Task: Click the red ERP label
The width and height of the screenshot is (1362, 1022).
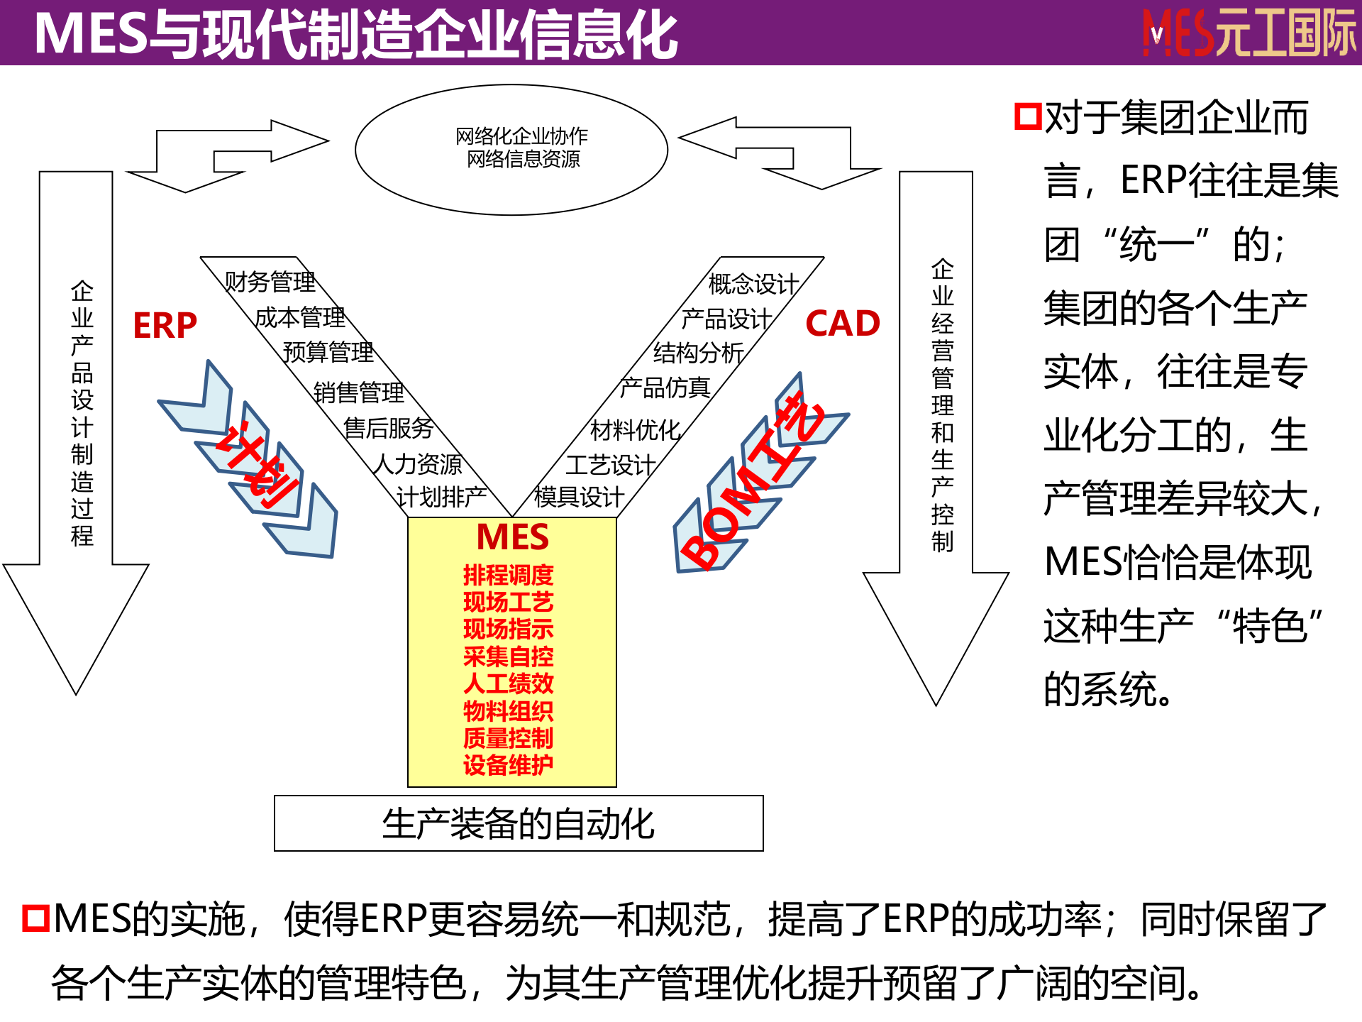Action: pyautogui.click(x=165, y=326)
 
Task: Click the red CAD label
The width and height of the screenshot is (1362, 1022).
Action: pyautogui.click(x=843, y=324)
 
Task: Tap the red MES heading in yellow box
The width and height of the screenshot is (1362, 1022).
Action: pyautogui.click(x=512, y=537)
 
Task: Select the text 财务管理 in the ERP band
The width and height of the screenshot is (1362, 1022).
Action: pyautogui.click(x=270, y=282)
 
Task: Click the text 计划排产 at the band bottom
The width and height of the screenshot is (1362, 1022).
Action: pyautogui.click(x=441, y=498)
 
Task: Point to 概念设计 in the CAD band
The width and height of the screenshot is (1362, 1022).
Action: pyautogui.click(x=753, y=284)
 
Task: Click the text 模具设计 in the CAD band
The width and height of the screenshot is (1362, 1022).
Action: pyautogui.click(x=579, y=497)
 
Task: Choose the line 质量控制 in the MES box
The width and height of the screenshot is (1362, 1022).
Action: pyautogui.click(x=508, y=738)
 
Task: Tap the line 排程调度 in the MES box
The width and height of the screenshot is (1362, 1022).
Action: pyautogui.click(x=508, y=575)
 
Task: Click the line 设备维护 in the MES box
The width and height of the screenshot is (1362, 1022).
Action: pyautogui.click(x=508, y=765)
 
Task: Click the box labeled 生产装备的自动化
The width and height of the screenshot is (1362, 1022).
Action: pyautogui.click(x=519, y=823)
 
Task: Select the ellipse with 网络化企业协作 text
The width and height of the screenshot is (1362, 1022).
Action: pyautogui.click(x=511, y=148)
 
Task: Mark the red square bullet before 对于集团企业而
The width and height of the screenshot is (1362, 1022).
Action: pyautogui.click(x=1027, y=117)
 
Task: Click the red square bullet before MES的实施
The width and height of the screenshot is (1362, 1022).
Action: pyautogui.click(x=35, y=918)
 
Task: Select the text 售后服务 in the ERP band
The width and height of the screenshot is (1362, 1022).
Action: pyautogui.click(x=388, y=428)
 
